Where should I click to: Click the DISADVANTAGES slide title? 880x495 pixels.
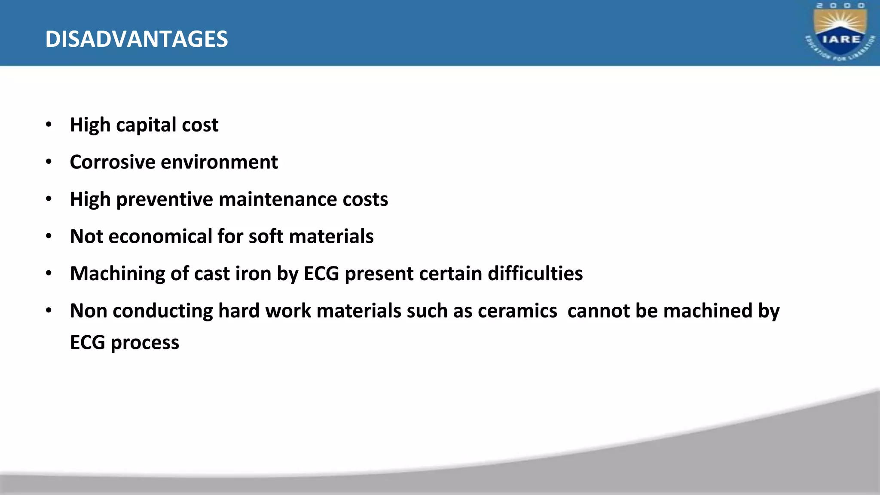pos(137,39)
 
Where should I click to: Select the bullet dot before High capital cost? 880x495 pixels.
pos(49,125)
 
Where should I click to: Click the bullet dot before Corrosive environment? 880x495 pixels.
pos(49,162)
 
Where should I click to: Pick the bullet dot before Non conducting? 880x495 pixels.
pos(49,311)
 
